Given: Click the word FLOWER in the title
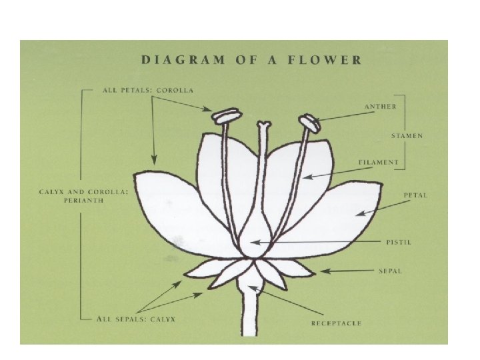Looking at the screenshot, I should pos(331,60).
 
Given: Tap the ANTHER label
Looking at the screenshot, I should pos(381,106).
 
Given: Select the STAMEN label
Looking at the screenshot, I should pos(407,135).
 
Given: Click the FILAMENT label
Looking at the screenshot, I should pos(378,162).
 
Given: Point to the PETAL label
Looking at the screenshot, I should pos(415,195).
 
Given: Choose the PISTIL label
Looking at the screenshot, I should pos(399,242).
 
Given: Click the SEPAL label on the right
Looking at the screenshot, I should pos(391,271).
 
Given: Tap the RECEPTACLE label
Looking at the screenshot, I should pos(336,323).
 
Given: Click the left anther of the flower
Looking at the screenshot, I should pos(227,115).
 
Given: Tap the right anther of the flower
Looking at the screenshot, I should pos(309,121).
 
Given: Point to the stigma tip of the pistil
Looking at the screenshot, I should pos(265,124).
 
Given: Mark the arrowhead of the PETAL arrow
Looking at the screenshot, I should pos(357,213).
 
